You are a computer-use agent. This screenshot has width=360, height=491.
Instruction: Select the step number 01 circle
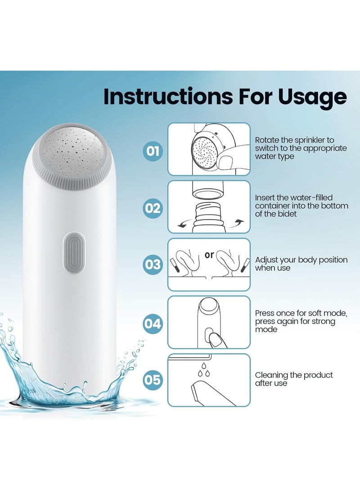153,151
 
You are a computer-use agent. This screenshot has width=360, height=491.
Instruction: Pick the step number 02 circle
153,208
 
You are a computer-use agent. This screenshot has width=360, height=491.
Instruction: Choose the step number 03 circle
153,264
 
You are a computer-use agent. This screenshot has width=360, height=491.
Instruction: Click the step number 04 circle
153,323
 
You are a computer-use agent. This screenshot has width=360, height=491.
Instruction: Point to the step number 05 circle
153,380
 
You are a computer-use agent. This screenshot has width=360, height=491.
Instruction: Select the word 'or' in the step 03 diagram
209,255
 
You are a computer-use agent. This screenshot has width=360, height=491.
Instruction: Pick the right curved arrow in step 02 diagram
238,222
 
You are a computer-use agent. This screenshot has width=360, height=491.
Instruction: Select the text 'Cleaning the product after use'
293,379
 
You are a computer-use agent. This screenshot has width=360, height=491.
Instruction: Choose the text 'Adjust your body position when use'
301,264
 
